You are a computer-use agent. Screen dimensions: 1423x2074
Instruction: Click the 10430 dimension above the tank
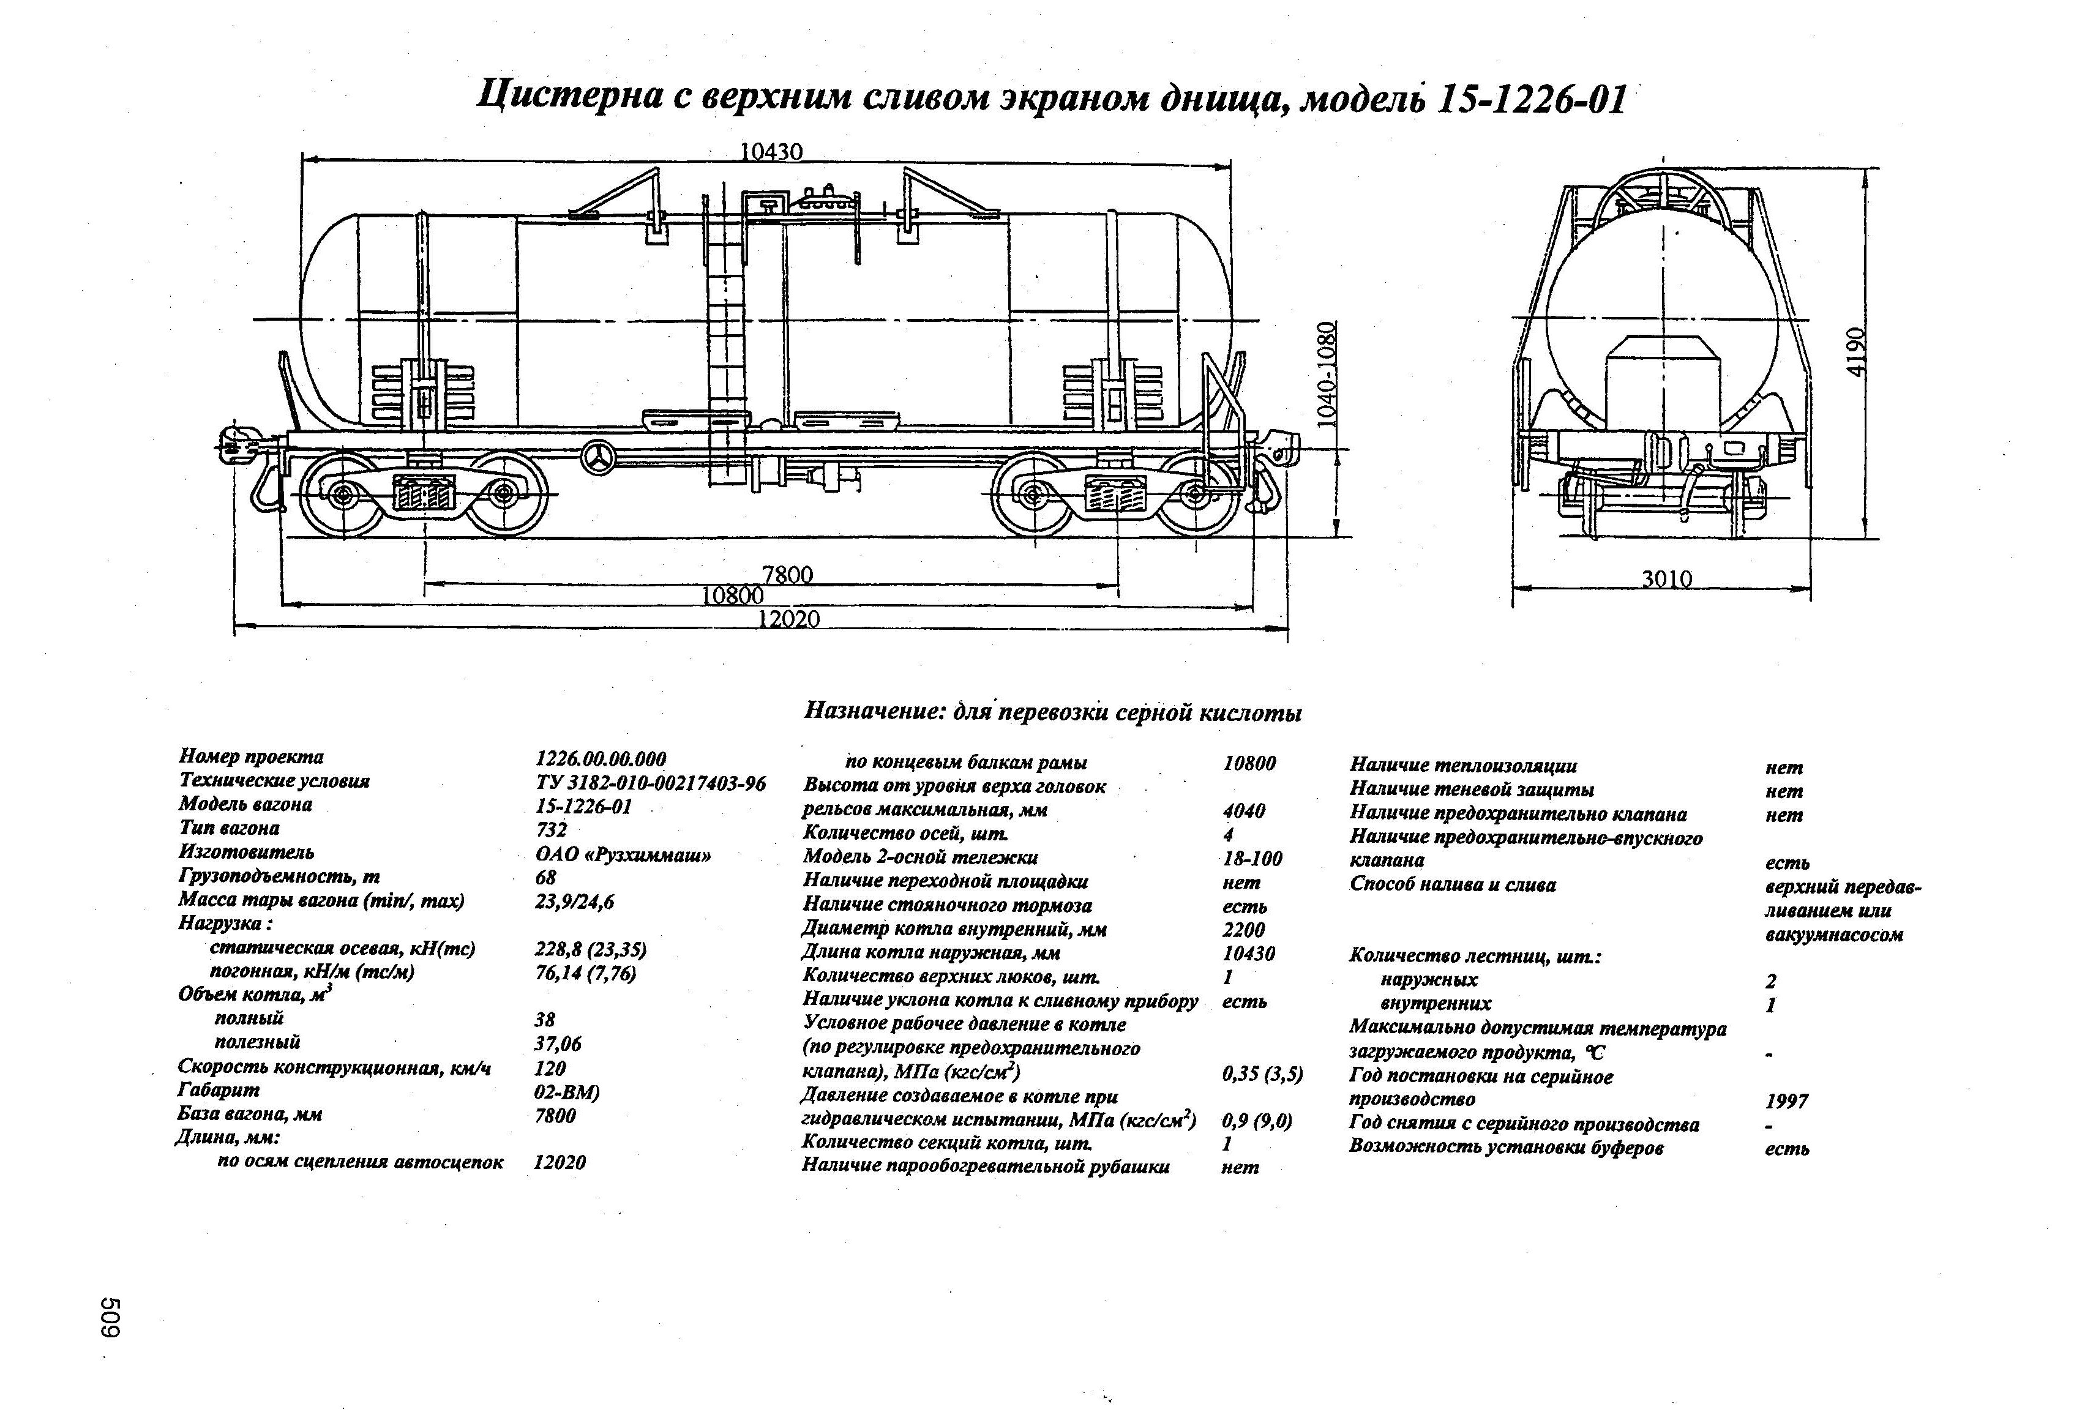(771, 152)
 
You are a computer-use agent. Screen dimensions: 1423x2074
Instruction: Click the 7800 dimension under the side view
(787, 575)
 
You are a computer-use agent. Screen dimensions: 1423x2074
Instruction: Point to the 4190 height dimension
(1855, 353)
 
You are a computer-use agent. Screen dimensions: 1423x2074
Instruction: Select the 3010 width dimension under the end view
(1667, 579)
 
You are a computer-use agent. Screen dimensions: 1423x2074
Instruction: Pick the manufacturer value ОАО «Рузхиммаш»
(623, 854)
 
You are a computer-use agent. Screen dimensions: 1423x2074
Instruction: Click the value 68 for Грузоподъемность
(545, 878)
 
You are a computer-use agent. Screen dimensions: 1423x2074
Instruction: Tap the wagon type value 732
(550, 830)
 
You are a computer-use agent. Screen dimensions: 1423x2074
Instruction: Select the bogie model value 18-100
(1252, 858)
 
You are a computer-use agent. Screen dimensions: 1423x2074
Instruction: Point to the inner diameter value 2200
(1243, 930)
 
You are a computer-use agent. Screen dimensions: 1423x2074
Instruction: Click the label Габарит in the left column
(219, 1090)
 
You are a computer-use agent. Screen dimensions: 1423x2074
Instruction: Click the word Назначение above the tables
(874, 711)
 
